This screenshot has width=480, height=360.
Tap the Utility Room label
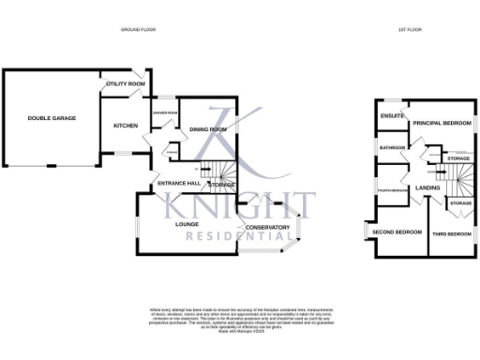click(x=126, y=84)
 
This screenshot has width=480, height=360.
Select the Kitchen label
click(x=126, y=125)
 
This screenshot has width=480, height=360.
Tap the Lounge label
click(x=187, y=224)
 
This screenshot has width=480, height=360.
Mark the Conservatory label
click(x=267, y=228)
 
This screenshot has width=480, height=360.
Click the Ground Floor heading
click(x=138, y=30)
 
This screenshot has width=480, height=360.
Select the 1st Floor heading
click(x=410, y=30)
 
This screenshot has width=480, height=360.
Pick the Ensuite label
click(x=392, y=116)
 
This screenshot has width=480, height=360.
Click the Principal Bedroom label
click(x=442, y=123)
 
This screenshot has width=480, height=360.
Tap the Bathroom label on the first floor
click(x=392, y=147)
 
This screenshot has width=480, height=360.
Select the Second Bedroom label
click(x=394, y=231)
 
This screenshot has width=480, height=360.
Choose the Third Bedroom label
click(x=451, y=233)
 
